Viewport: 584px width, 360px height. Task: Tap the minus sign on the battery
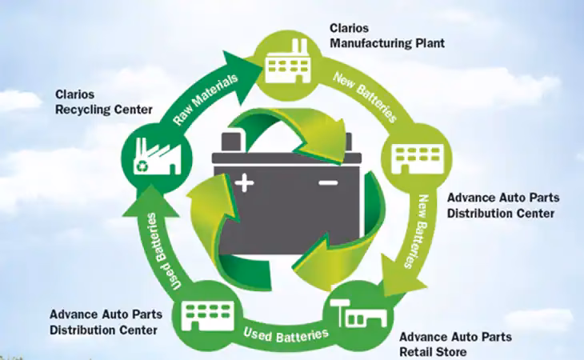[x=328, y=184]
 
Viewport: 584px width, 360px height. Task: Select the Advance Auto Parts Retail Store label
[x=455, y=344]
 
